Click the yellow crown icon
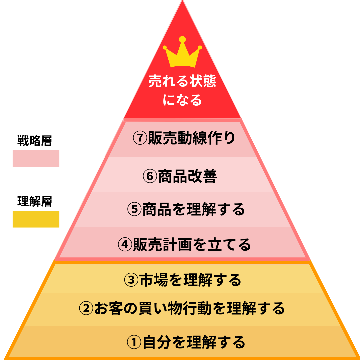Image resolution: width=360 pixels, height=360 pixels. (x=182, y=53)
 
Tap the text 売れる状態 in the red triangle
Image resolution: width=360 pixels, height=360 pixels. (x=182, y=81)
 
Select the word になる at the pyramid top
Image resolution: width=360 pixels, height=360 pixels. (x=182, y=100)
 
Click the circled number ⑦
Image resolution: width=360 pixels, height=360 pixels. (x=140, y=138)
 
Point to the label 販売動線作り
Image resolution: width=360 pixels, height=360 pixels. (x=191, y=138)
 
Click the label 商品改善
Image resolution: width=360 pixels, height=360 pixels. (x=188, y=177)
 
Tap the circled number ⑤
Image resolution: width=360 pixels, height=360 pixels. (x=135, y=210)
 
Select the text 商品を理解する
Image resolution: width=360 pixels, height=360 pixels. (x=194, y=210)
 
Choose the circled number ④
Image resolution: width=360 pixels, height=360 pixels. (x=125, y=245)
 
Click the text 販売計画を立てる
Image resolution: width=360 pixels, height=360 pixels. (x=192, y=245)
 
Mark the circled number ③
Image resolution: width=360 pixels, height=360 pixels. (x=131, y=280)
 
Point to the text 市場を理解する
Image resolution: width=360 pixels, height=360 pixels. (x=190, y=280)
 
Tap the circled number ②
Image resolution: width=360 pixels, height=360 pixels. (x=86, y=308)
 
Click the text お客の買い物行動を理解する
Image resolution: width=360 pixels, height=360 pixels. (x=189, y=308)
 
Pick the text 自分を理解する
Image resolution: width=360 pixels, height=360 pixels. (x=194, y=342)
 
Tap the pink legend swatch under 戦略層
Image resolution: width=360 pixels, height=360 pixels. (x=36, y=158)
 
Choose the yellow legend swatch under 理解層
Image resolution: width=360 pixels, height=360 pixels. (x=36, y=219)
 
